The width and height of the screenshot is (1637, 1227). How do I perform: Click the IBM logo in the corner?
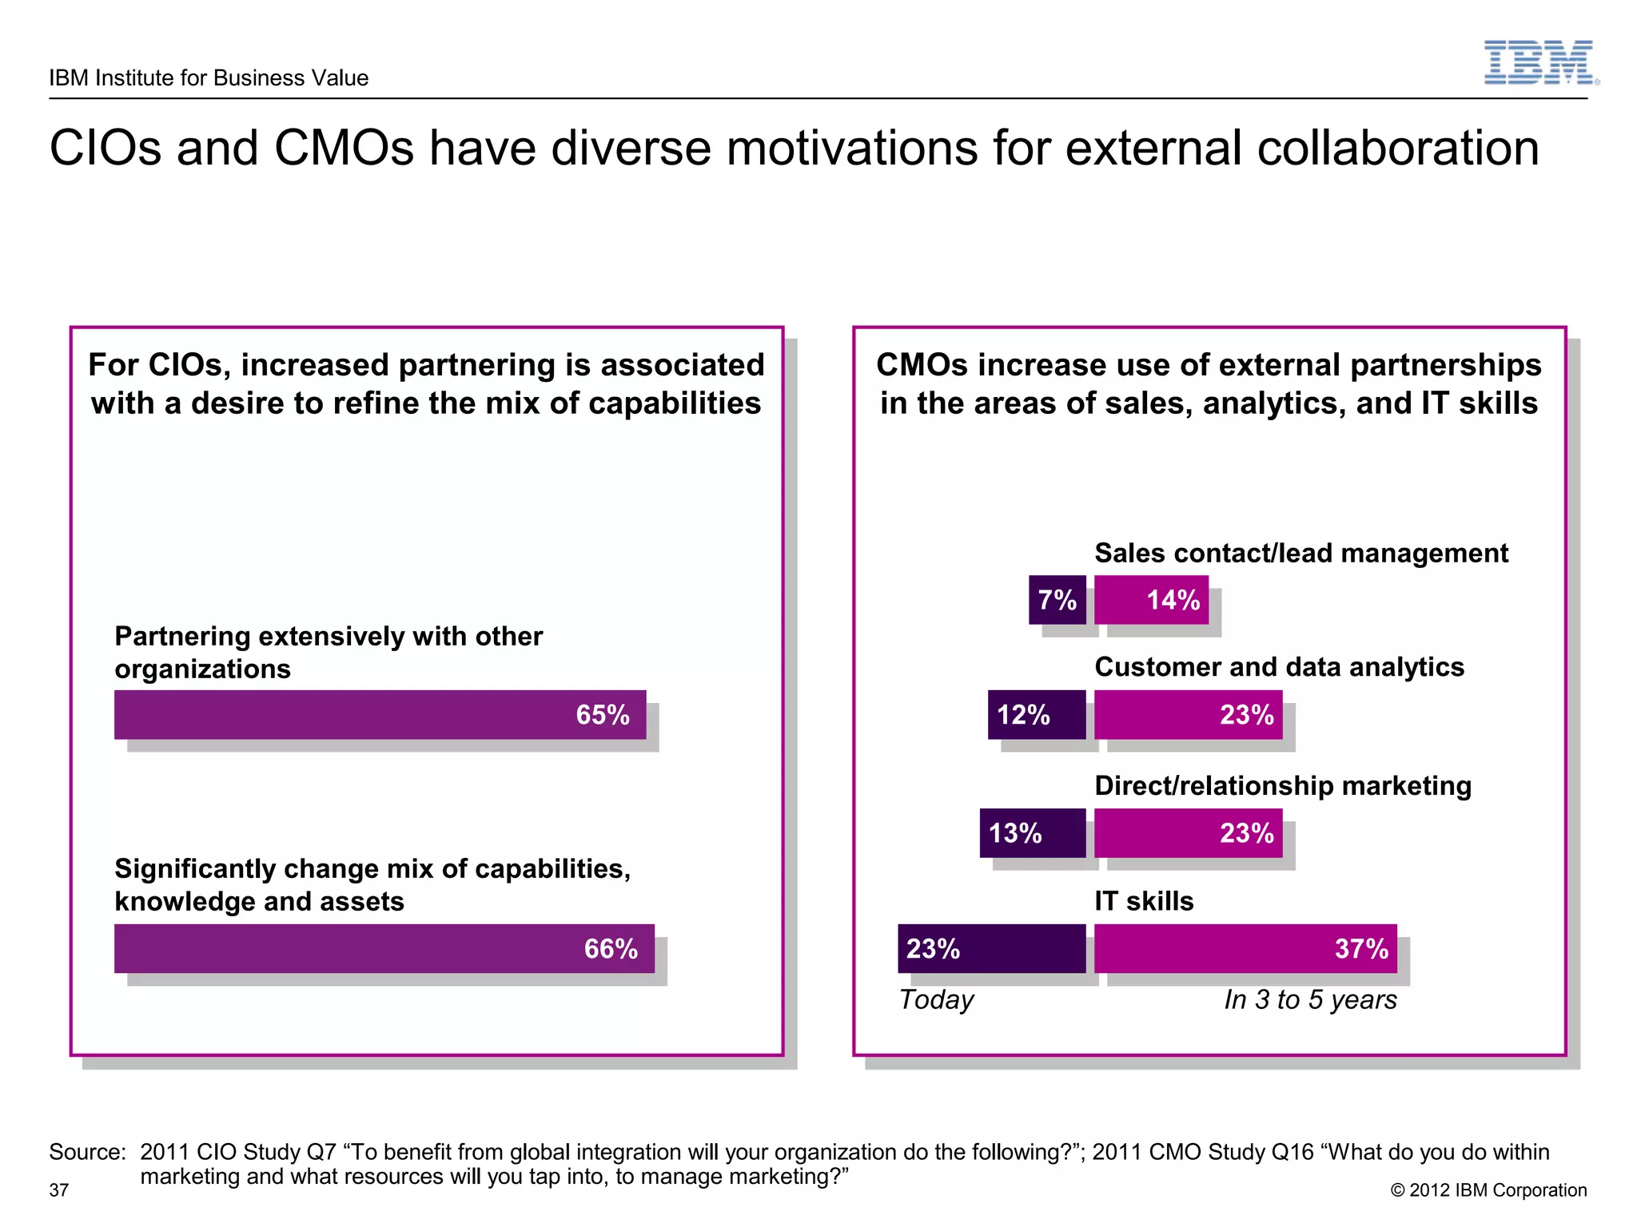(x=1539, y=62)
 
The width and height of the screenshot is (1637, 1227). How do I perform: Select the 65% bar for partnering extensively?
(x=380, y=714)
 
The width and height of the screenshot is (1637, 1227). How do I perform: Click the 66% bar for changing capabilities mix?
(x=384, y=948)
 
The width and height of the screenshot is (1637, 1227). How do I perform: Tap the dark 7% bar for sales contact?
(x=1057, y=600)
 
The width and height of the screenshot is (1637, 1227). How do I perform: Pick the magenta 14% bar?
(x=1151, y=600)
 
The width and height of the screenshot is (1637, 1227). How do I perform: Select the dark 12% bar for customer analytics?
(x=1037, y=714)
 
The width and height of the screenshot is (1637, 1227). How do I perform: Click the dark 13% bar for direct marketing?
(x=1033, y=833)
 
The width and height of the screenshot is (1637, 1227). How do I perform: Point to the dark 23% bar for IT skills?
(x=991, y=948)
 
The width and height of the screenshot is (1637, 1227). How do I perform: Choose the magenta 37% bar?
(x=1245, y=948)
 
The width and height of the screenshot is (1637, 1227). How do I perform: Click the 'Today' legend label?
(x=936, y=999)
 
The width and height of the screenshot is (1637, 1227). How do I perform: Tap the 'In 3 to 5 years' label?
(x=1310, y=999)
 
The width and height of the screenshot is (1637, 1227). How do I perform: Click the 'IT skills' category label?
(x=1144, y=901)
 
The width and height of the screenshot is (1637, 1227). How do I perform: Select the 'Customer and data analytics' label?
(x=1279, y=667)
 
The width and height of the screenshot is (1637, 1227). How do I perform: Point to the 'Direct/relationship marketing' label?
(x=1282, y=786)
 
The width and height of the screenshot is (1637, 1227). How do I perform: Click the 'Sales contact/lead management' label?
(x=1300, y=553)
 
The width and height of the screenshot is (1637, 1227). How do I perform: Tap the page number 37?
(x=59, y=1190)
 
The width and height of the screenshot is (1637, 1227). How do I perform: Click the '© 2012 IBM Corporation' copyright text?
(x=1488, y=1190)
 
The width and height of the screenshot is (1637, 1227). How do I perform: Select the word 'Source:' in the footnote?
(x=87, y=1152)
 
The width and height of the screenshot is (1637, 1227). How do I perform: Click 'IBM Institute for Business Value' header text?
(x=209, y=77)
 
